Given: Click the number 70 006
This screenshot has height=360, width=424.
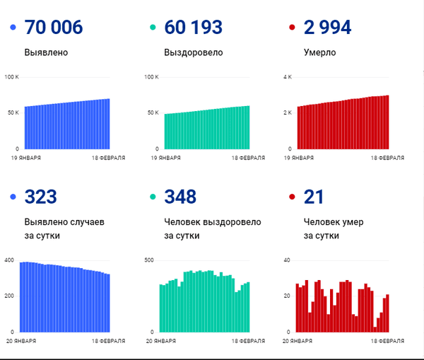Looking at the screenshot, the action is [54, 28].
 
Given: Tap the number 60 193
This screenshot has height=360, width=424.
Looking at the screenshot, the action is [194, 28].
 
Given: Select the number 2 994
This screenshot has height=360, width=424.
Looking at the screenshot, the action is [327, 28].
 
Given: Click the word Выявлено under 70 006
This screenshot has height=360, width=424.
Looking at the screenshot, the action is [46, 52].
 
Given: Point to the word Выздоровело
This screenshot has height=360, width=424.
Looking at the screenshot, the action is [194, 52].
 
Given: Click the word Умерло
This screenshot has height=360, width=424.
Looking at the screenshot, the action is [319, 52].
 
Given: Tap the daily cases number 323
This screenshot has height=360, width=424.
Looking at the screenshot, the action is [40, 197].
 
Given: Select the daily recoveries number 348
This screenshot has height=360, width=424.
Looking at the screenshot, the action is [180, 197].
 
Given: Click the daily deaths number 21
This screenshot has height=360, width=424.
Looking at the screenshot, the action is [314, 197].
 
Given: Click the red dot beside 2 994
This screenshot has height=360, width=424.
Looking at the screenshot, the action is [292, 27].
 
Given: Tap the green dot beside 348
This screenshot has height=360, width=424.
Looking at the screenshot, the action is [153, 197].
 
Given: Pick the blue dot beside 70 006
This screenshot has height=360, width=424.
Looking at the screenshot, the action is [13, 27].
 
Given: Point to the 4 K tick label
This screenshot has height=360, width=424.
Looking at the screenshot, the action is [288, 77].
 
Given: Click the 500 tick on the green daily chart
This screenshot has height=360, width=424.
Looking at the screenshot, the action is [149, 260].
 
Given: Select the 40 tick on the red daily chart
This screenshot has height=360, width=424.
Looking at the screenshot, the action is [287, 260].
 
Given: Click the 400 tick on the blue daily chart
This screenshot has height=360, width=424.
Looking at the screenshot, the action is [9, 260].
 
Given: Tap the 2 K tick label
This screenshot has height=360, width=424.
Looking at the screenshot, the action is [288, 112].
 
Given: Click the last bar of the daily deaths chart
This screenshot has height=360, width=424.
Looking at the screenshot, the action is [387, 313].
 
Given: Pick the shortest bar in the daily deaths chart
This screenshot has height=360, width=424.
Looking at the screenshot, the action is [375, 330].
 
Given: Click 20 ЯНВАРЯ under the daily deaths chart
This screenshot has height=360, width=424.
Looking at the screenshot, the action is [298, 341].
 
